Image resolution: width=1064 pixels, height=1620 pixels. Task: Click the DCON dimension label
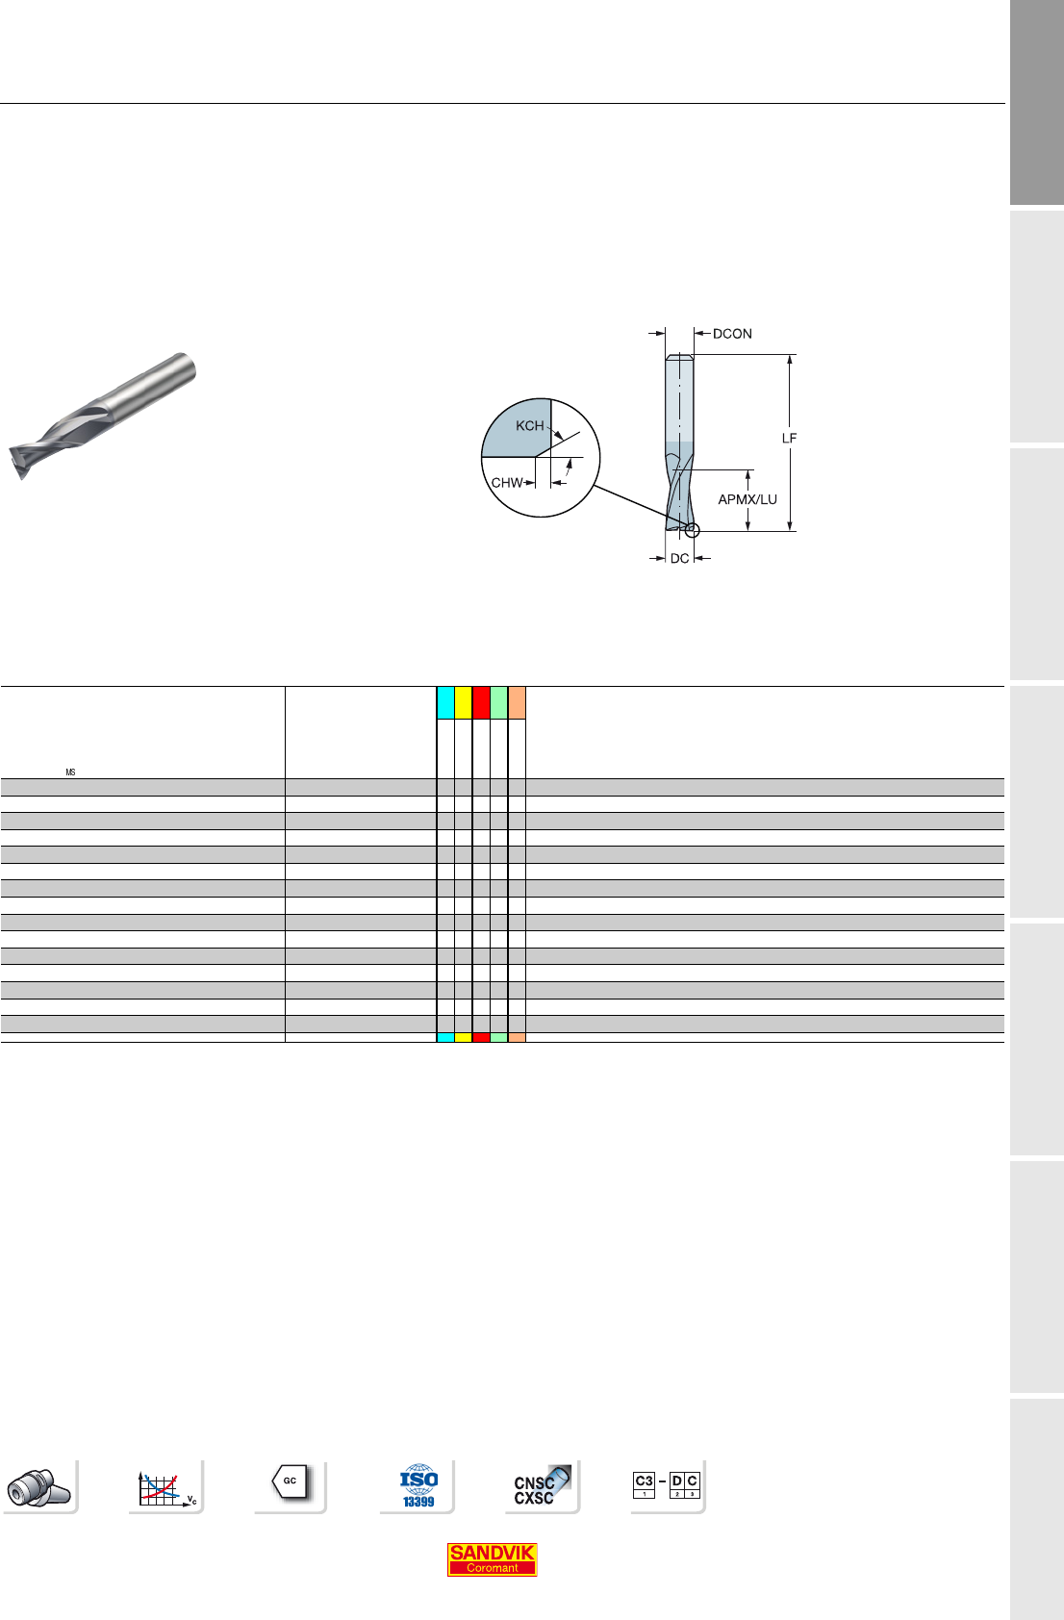(x=732, y=334)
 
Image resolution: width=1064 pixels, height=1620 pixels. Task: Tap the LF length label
(x=789, y=439)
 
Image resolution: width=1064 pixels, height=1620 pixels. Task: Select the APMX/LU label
(x=747, y=499)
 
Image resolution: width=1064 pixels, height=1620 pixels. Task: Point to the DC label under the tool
(x=679, y=558)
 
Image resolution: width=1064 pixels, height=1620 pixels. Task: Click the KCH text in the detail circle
(x=529, y=426)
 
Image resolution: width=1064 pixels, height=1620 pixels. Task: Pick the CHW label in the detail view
(x=506, y=482)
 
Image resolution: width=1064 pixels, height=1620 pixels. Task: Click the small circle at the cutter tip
(x=693, y=530)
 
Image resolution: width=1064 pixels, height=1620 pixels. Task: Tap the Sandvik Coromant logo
(x=492, y=1558)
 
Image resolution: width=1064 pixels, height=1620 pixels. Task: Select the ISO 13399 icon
(x=418, y=1485)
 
